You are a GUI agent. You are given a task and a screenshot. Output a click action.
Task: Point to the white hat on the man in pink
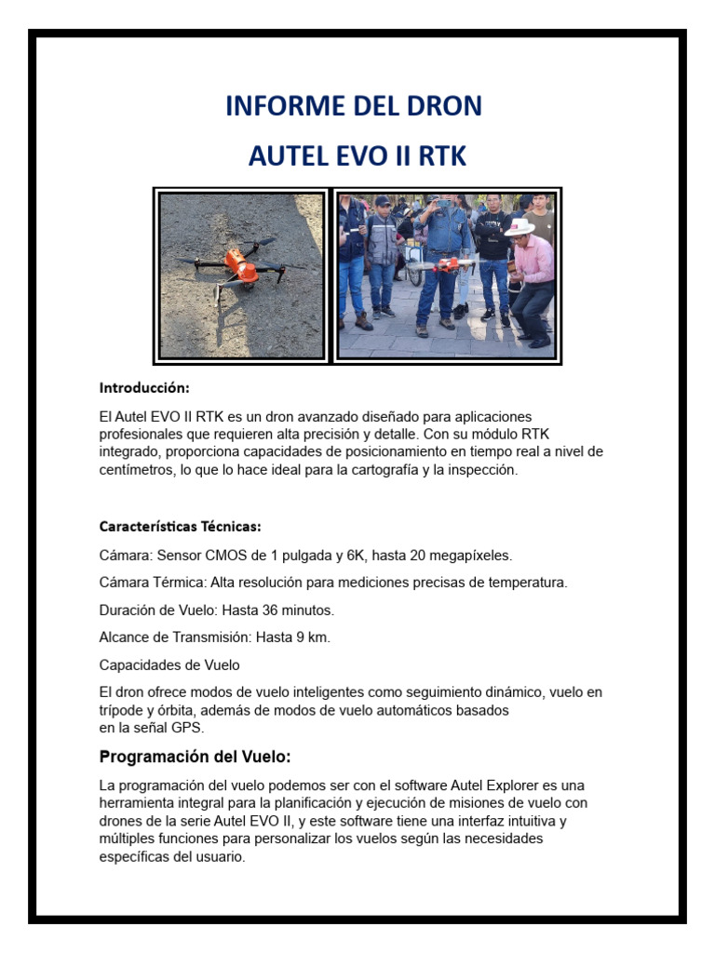519,227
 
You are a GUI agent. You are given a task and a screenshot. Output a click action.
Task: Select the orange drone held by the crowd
451,265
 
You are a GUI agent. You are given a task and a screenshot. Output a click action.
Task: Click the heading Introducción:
144,386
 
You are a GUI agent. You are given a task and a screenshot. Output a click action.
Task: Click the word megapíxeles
465,556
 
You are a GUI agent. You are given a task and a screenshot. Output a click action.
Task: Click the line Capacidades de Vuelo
169,664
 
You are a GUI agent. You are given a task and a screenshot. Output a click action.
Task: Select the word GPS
186,728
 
